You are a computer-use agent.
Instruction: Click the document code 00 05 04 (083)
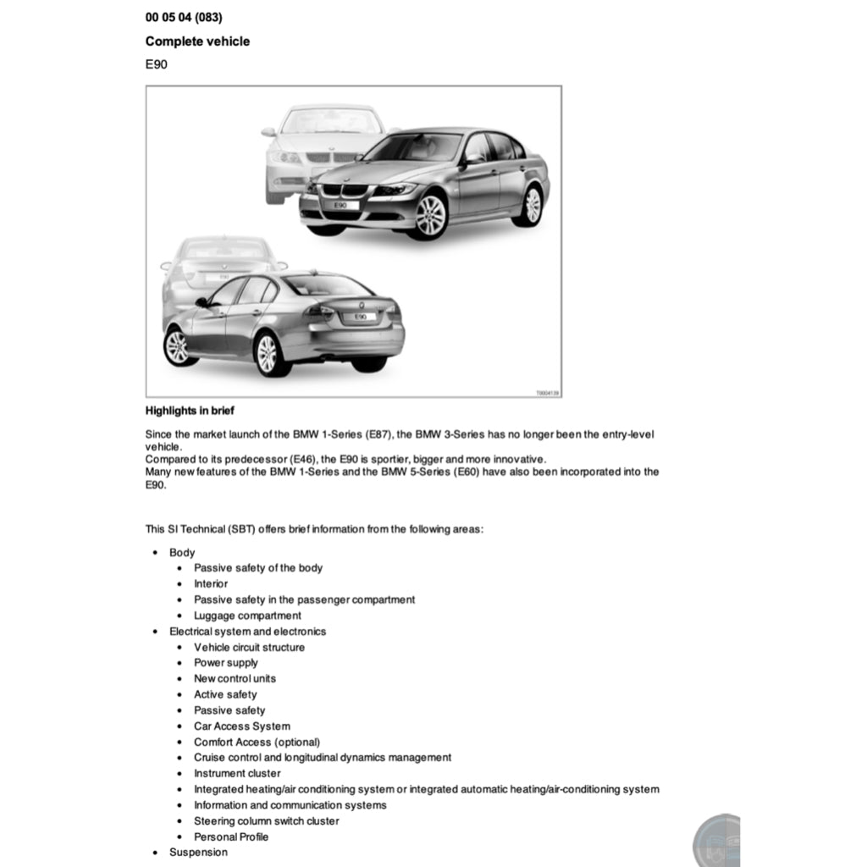tap(184, 17)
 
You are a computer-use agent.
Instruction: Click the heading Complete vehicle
tap(197, 41)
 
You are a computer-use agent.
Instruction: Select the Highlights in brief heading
tap(190, 411)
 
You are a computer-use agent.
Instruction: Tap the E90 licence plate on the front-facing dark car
tap(340, 205)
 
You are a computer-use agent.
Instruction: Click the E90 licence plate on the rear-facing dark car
tap(359, 316)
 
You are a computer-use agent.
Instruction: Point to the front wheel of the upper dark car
tap(430, 214)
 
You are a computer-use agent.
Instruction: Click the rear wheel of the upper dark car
tap(531, 206)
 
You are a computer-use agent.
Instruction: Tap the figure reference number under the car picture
tap(548, 393)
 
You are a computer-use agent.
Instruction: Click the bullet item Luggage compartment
tap(247, 616)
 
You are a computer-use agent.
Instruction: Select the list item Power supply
tap(226, 663)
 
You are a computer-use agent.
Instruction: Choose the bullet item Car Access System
tap(242, 726)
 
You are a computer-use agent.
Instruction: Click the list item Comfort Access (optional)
tap(257, 742)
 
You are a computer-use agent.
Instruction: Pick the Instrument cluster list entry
tap(237, 773)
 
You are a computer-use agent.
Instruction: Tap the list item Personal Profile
tap(231, 837)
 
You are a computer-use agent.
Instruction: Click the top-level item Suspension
tap(198, 852)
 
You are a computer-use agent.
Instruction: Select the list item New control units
tap(235, 678)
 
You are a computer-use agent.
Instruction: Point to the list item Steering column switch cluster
tap(266, 820)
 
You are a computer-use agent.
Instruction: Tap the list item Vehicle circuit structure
tap(249, 647)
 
